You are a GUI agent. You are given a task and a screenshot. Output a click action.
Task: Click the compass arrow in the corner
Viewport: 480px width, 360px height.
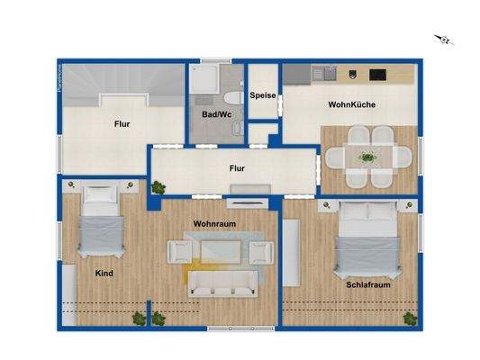442,38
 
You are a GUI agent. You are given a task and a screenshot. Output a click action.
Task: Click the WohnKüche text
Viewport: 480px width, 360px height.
352,105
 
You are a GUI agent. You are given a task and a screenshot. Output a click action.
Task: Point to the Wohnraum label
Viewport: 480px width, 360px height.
214,222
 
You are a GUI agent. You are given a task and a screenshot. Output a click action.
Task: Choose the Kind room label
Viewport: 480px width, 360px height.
104,273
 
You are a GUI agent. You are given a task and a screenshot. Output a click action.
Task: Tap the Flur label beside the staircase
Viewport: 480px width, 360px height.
123,125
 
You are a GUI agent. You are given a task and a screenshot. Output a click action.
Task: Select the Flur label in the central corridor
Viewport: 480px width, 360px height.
237,167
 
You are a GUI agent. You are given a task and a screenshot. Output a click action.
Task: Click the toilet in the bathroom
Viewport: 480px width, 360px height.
231,99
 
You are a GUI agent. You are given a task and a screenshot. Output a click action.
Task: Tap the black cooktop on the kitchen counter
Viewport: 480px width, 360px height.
377,73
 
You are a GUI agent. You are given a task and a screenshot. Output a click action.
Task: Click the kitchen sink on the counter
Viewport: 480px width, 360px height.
321,73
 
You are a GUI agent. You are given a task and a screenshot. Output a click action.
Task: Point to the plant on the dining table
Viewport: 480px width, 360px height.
367,157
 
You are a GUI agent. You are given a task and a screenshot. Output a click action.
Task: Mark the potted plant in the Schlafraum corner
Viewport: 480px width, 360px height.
411,316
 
